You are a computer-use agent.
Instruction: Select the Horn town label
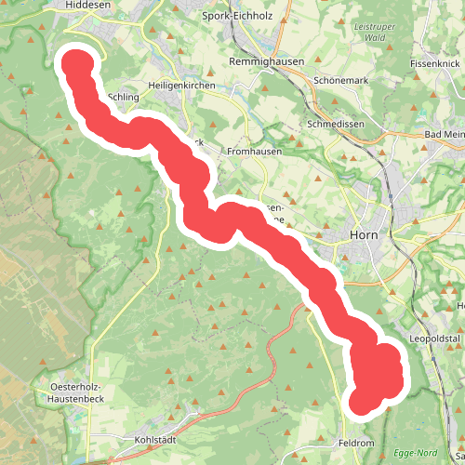click(x=363, y=234)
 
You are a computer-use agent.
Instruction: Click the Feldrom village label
click(x=357, y=443)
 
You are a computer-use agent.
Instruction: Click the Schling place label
click(x=124, y=97)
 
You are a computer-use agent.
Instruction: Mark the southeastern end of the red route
click(x=363, y=402)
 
